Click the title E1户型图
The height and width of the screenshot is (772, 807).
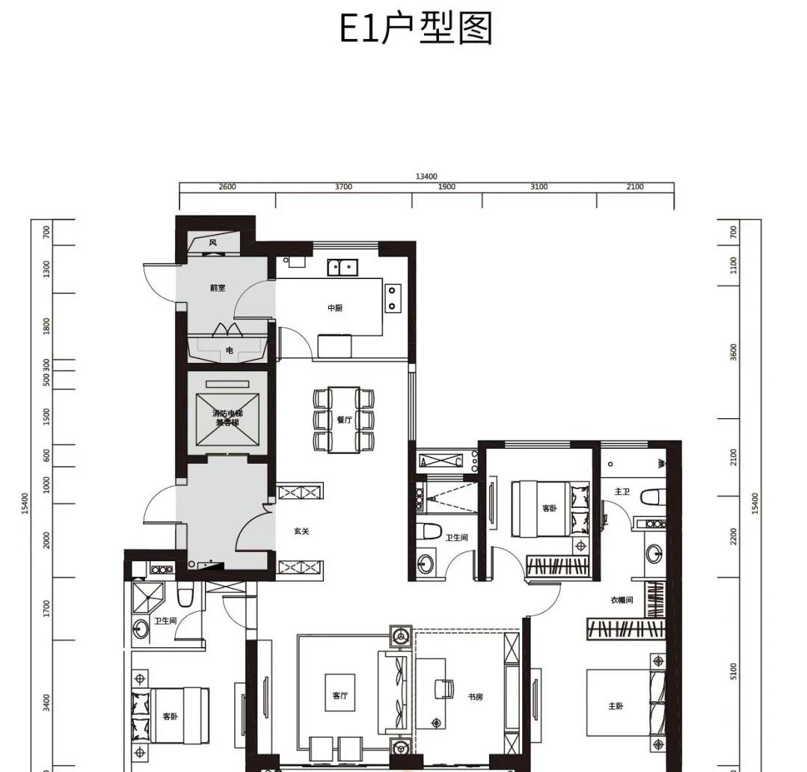pos(416,29)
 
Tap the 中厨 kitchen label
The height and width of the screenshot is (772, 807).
pos(335,308)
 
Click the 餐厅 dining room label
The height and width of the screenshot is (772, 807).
pos(344,420)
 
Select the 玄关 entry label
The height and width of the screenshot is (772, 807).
pos(301,532)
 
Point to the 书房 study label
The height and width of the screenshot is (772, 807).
pos(475,696)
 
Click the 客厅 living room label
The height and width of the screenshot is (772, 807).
pos(340,696)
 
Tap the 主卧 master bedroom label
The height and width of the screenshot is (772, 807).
pos(616,705)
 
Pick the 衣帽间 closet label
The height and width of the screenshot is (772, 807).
pos(622,600)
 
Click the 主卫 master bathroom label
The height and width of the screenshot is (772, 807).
pos(622,491)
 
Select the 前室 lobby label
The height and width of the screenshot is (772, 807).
pos(218,288)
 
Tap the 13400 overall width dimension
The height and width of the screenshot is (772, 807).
pos(426,177)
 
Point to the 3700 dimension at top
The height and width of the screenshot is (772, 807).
pos(343,187)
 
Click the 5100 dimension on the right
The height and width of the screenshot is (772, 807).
pos(734,671)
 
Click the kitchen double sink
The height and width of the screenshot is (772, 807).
pos(344,267)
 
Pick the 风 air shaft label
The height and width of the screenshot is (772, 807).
pos(213,242)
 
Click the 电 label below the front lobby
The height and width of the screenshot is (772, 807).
pos(229,350)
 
